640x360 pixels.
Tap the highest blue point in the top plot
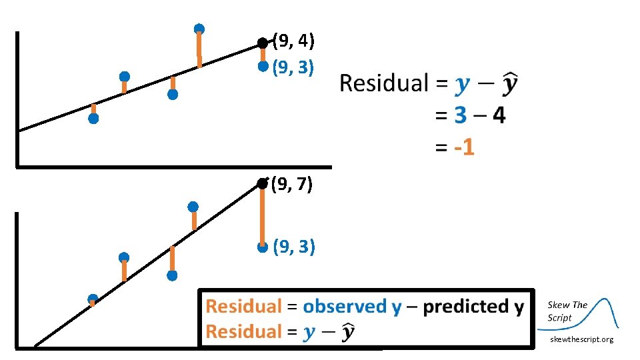199,29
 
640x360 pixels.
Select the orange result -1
464,147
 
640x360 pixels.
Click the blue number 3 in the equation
460,115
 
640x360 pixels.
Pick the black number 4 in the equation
498,115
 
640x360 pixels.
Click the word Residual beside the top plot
383,84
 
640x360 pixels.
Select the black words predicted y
473,307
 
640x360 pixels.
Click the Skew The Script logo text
567,311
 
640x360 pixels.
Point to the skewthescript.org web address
581,339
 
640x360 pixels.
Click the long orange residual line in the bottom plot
263,213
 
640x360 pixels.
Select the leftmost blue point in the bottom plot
93,299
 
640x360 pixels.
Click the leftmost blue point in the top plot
93,119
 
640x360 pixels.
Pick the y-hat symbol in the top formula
511,84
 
